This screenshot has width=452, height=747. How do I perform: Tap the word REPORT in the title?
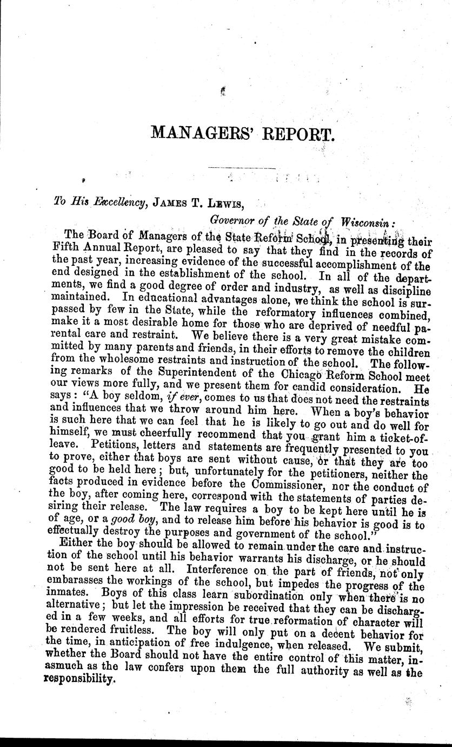click(300, 133)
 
